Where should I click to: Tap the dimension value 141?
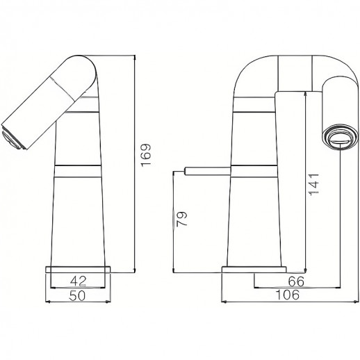pyautogui.click(x=314, y=184)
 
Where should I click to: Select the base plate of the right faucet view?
pyautogui.click(x=253, y=269)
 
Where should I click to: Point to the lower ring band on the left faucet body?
pyautogui.click(x=79, y=169)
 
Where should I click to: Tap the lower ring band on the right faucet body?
pyautogui.click(x=253, y=169)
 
